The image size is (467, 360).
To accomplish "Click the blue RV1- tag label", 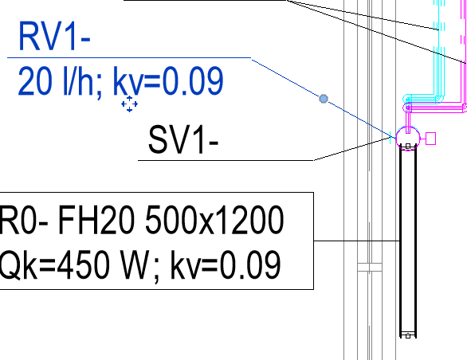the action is coord(54,37).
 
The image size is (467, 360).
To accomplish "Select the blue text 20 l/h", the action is coord(60,81).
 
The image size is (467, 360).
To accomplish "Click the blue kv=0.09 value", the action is coord(168,81).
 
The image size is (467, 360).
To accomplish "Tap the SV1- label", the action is coord(183,139).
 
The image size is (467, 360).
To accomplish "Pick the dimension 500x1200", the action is coord(214,221).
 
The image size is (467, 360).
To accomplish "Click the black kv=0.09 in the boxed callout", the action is coord(226,264).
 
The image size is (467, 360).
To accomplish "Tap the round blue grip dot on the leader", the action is coord(324,99).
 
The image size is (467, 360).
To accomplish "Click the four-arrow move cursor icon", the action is coord(130,104).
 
